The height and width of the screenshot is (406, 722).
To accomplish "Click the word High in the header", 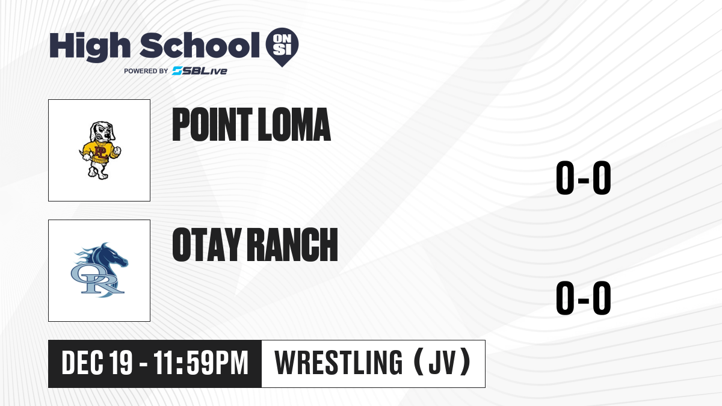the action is [x=90, y=47].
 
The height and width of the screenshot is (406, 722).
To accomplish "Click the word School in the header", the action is [x=200, y=45].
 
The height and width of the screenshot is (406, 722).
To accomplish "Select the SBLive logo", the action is [x=200, y=71].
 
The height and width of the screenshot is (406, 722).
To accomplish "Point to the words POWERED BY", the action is [x=146, y=71].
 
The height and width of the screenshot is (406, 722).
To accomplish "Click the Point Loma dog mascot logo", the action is [x=100, y=150].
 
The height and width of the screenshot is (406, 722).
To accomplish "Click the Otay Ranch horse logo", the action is [x=99, y=270].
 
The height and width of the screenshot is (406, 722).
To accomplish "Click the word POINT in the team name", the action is [x=212, y=125].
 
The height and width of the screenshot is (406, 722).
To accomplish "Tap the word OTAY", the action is [x=206, y=245].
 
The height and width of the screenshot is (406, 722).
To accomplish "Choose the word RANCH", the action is [x=292, y=245].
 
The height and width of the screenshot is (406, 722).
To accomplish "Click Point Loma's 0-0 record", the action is [x=584, y=178].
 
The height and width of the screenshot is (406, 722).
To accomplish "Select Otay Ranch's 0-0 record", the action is [x=584, y=298].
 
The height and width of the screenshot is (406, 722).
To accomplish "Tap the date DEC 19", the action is [x=97, y=363].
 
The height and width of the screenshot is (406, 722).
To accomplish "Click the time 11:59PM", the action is [x=201, y=363].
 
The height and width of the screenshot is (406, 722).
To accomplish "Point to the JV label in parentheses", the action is [x=442, y=363].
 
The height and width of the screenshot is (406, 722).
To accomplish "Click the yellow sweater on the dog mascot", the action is [x=101, y=151].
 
